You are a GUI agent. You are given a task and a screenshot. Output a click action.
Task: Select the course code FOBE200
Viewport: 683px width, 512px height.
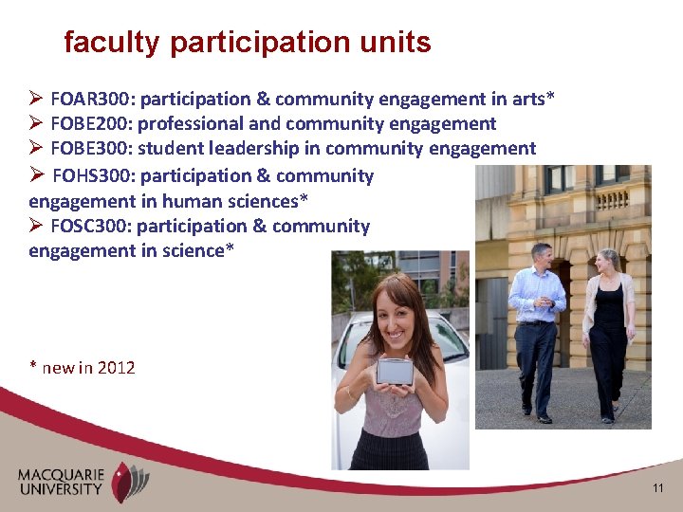click(x=86, y=124)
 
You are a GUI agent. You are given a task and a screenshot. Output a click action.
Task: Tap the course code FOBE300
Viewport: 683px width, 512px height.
click(x=86, y=149)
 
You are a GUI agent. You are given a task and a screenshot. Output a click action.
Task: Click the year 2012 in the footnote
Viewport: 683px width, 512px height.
click(x=116, y=368)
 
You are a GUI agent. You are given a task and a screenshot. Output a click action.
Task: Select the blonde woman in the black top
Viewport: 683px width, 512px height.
click(x=608, y=332)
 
